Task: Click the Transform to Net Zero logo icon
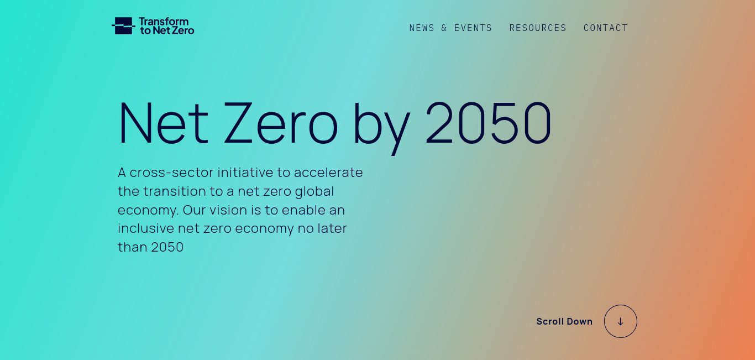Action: [x=123, y=26]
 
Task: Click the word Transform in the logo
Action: [x=164, y=22]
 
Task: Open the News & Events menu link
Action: [x=450, y=28]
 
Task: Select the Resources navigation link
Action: [x=538, y=28]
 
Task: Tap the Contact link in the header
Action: [x=606, y=28]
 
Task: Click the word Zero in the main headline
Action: [x=280, y=123]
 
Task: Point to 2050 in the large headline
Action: [x=489, y=122]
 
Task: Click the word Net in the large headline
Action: [x=163, y=123]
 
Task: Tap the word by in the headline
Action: [x=381, y=127]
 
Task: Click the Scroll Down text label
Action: [x=564, y=322]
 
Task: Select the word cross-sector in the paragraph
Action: [x=171, y=173]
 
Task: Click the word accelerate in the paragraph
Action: [x=328, y=173]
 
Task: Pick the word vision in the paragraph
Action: [x=228, y=210]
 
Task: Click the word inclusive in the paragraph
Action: [x=146, y=228]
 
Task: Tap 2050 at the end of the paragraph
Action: [x=167, y=247]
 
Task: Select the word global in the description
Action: [x=314, y=192]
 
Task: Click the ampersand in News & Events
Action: [x=444, y=28]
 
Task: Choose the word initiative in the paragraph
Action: [x=245, y=173]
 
